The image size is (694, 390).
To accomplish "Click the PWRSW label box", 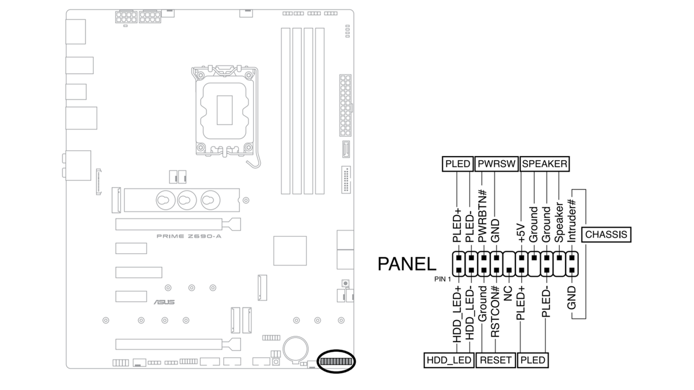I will [x=496, y=164].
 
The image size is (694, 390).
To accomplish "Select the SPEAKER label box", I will [x=544, y=164].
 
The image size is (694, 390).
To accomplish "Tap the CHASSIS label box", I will [x=606, y=235].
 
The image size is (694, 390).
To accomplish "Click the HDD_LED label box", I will [x=449, y=360].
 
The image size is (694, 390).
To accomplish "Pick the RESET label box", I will [x=496, y=360].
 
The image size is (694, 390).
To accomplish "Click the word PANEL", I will [x=407, y=264].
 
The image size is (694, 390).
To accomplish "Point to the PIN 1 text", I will [x=442, y=279].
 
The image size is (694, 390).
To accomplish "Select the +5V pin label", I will [x=522, y=231].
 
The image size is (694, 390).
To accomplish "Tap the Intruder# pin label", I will [x=572, y=221].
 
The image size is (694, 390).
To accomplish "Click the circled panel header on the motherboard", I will [x=336, y=362].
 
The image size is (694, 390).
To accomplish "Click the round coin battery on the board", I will [x=297, y=347].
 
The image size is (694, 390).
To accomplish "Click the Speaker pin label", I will [x=559, y=222].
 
